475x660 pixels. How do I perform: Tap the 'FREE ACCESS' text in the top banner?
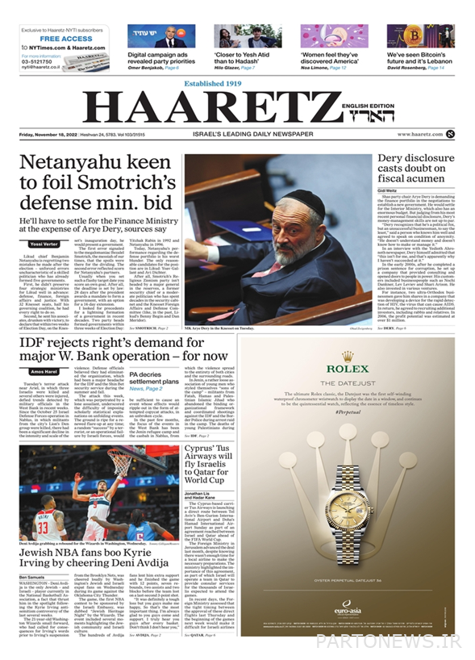click(x=66, y=38)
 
